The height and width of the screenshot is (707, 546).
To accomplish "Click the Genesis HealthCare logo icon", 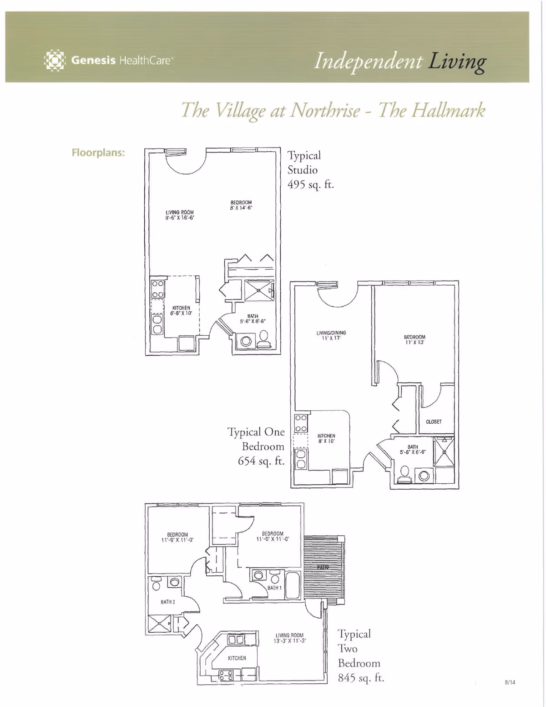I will (55, 61).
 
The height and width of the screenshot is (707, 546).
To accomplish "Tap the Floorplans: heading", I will (98, 153).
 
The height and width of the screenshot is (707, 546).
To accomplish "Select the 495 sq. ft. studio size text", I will (310, 185).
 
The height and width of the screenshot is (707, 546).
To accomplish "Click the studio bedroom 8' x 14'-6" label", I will (241, 205).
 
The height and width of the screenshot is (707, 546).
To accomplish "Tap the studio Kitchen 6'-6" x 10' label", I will (181, 311).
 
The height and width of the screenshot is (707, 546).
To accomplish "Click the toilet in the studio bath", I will (263, 338).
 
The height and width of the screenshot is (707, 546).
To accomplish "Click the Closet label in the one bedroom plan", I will (434, 422).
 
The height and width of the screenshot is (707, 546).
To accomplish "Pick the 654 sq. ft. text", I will (261, 461).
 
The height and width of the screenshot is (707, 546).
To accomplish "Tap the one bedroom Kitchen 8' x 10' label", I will (326, 438).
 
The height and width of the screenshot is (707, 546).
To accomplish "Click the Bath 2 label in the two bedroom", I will (168, 602).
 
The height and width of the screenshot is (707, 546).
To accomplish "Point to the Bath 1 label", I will (274, 588).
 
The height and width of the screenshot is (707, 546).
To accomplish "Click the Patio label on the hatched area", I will (323, 567).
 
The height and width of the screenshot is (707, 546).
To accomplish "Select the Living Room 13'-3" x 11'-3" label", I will (289, 638).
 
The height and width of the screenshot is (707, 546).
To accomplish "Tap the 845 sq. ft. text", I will (361, 677).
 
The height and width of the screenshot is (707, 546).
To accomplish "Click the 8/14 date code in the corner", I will (510, 682).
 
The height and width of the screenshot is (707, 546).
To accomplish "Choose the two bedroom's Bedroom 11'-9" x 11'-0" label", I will (177, 537).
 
